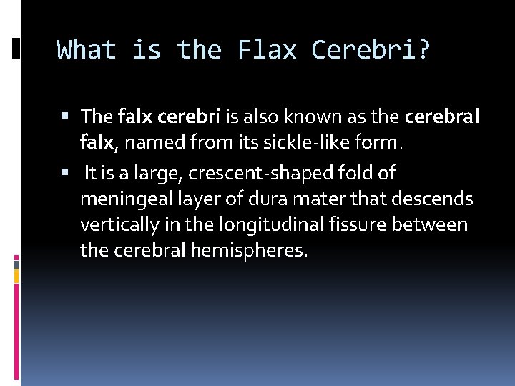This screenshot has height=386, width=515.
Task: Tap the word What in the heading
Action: click(x=86, y=50)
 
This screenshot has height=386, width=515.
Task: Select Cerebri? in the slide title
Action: click(x=371, y=50)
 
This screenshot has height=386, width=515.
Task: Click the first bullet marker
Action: click(x=66, y=116)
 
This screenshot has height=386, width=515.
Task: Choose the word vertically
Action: click(x=122, y=225)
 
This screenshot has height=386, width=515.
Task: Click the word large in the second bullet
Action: click(x=156, y=173)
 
